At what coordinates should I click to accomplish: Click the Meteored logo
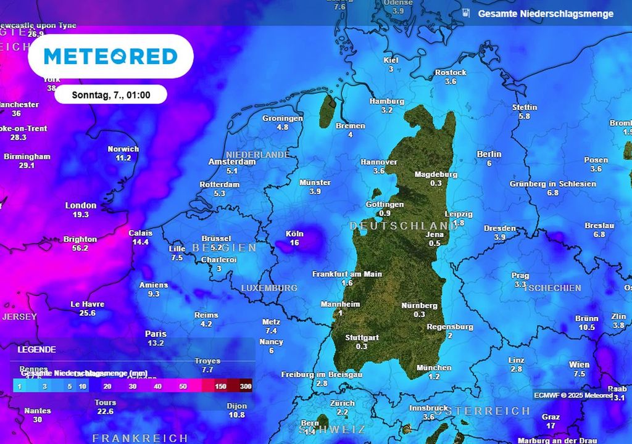click(110, 56)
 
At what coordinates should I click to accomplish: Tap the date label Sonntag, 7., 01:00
click(110, 95)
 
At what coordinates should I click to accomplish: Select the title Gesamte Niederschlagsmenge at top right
click(546, 14)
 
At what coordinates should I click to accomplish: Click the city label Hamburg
click(387, 101)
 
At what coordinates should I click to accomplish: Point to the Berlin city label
click(489, 154)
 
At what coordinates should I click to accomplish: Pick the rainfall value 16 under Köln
click(294, 243)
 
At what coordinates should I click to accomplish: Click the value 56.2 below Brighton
click(80, 248)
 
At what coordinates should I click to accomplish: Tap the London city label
click(81, 205)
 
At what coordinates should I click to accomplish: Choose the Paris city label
click(156, 334)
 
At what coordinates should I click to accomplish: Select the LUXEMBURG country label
click(269, 288)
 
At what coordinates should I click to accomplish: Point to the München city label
click(434, 368)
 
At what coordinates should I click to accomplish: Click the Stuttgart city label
click(362, 338)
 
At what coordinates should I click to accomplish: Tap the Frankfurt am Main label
click(347, 274)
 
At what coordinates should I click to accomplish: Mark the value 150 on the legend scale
click(220, 386)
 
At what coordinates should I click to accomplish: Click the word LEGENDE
click(36, 349)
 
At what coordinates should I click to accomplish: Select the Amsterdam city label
click(232, 162)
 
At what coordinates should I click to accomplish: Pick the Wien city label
click(579, 365)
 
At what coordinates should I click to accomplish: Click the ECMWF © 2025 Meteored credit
click(572, 395)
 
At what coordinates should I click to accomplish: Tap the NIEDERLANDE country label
click(258, 154)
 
